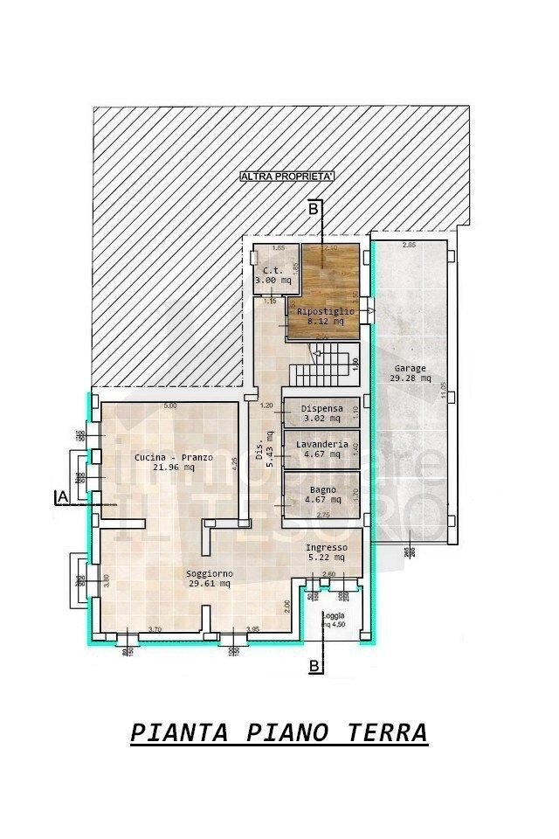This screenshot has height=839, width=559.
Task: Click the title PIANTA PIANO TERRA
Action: click(x=279, y=732)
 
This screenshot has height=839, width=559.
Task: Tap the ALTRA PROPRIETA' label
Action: click(x=288, y=177)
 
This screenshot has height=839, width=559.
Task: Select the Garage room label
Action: click(x=410, y=369)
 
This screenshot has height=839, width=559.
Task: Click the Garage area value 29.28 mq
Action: click(x=410, y=378)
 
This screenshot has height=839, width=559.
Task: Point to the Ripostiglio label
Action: click(x=326, y=311)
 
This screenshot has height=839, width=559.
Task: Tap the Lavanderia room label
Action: click(x=321, y=445)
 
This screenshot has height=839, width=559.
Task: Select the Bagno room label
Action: click(x=321, y=489)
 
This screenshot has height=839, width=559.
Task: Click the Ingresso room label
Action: click(x=326, y=548)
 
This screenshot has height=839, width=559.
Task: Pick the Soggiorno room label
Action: click(x=208, y=573)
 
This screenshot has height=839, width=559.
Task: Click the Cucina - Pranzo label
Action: click(x=174, y=457)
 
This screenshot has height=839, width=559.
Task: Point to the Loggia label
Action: click(x=333, y=615)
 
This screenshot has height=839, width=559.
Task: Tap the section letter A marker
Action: click(x=61, y=497)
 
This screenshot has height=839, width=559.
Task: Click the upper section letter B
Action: click(x=312, y=209)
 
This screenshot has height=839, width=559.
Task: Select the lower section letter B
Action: click(x=313, y=667)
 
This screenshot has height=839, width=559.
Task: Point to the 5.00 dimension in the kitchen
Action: click(x=170, y=406)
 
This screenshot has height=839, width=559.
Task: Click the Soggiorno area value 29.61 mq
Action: click(x=208, y=583)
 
